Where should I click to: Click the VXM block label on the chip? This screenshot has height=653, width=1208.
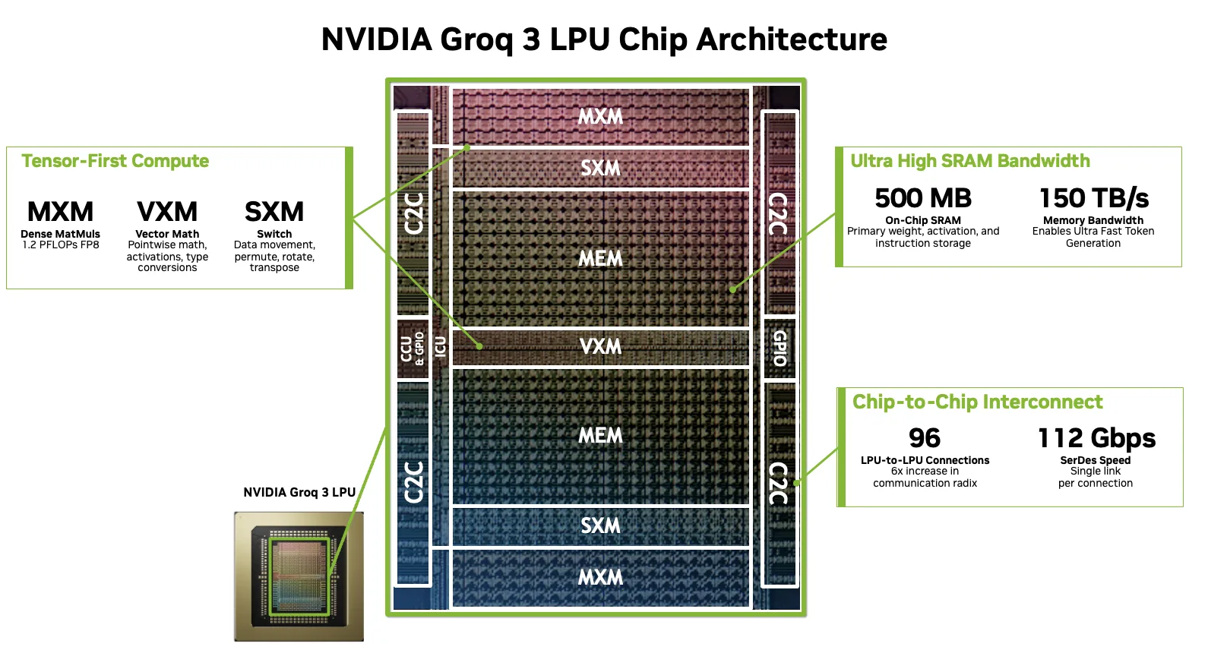(600, 346)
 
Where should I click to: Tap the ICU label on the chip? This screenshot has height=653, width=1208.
(441, 348)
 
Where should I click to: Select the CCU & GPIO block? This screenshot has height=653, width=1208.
(413, 349)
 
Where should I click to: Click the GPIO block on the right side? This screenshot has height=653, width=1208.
(780, 349)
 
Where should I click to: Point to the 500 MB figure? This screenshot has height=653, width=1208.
(923, 198)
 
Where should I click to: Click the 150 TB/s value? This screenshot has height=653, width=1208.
(1093, 198)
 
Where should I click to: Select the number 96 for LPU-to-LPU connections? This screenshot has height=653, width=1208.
(925, 438)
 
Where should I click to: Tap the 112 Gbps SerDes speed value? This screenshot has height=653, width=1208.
(1096, 438)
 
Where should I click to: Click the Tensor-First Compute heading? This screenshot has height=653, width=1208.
(115, 161)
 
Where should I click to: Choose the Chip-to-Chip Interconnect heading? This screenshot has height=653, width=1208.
(977, 402)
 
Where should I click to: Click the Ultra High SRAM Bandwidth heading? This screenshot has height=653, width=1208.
(969, 161)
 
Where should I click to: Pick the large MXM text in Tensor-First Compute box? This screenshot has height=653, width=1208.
(60, 211)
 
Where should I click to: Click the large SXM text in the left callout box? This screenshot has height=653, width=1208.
(274, 211)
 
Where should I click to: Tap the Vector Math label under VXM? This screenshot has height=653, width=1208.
(167, 234)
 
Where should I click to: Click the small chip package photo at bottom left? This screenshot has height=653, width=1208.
(299, 576)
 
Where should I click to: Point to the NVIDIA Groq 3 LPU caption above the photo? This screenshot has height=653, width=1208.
(299, 492)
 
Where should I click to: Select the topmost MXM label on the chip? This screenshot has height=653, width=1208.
(600, 117)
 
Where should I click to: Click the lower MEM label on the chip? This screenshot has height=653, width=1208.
(600, 436)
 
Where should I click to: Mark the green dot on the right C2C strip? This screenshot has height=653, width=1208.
(796, 482)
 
